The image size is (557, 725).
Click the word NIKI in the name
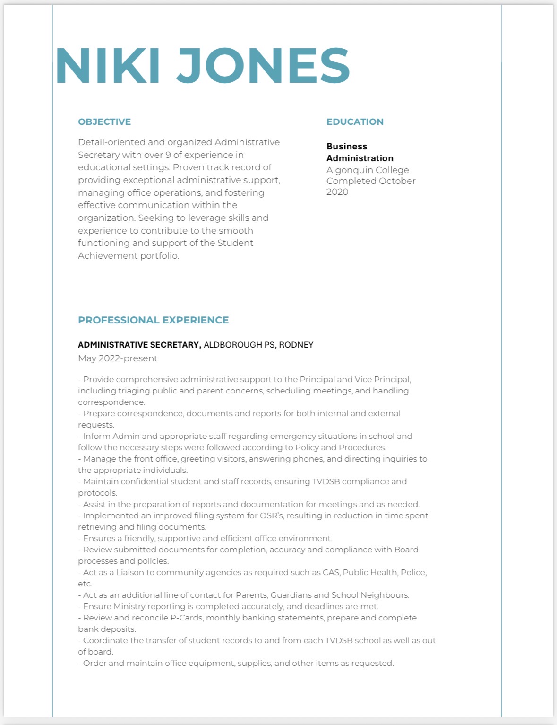[108, 66]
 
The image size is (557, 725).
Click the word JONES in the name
[263, 66]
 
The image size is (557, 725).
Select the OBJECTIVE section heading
[104, 122]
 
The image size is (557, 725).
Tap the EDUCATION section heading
[355, 122]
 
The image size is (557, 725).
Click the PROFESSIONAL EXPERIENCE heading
[153, 320]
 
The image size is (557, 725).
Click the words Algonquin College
[368, 170]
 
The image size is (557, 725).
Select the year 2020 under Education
[337, 192]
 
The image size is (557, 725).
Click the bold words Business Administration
[360, 152]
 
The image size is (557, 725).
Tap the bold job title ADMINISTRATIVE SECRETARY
[139, 345]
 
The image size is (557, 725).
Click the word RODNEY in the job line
[296, 345]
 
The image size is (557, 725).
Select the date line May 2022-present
[118, 358]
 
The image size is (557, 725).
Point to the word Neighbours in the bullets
[385, 595]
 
